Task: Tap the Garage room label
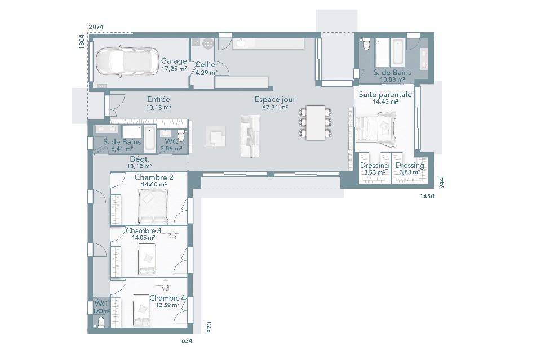[x=174, y=61]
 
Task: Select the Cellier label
[x=207, y=64]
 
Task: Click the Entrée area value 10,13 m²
[x=158, y=107]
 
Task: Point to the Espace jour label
[x=275, y=100]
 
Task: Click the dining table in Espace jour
[x=316, y=123]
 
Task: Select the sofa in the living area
[x=250, y=136]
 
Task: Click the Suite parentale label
[x=385, y=95]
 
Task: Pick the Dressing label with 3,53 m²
[x=374, y=166]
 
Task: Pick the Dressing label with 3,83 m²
[x=410, y=166]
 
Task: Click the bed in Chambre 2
[x=153, y=207]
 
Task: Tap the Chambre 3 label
[x=143, y=230]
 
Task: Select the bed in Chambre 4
[x=141, y=310]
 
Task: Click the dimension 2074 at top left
[x=96, y=26]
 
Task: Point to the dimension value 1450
[x=427, y=196]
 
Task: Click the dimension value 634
[x=187, y=341]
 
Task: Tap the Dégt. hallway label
[x=140, y=159]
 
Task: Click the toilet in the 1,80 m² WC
[x=101, y=322]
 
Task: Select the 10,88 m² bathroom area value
[x=393, y=79]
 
